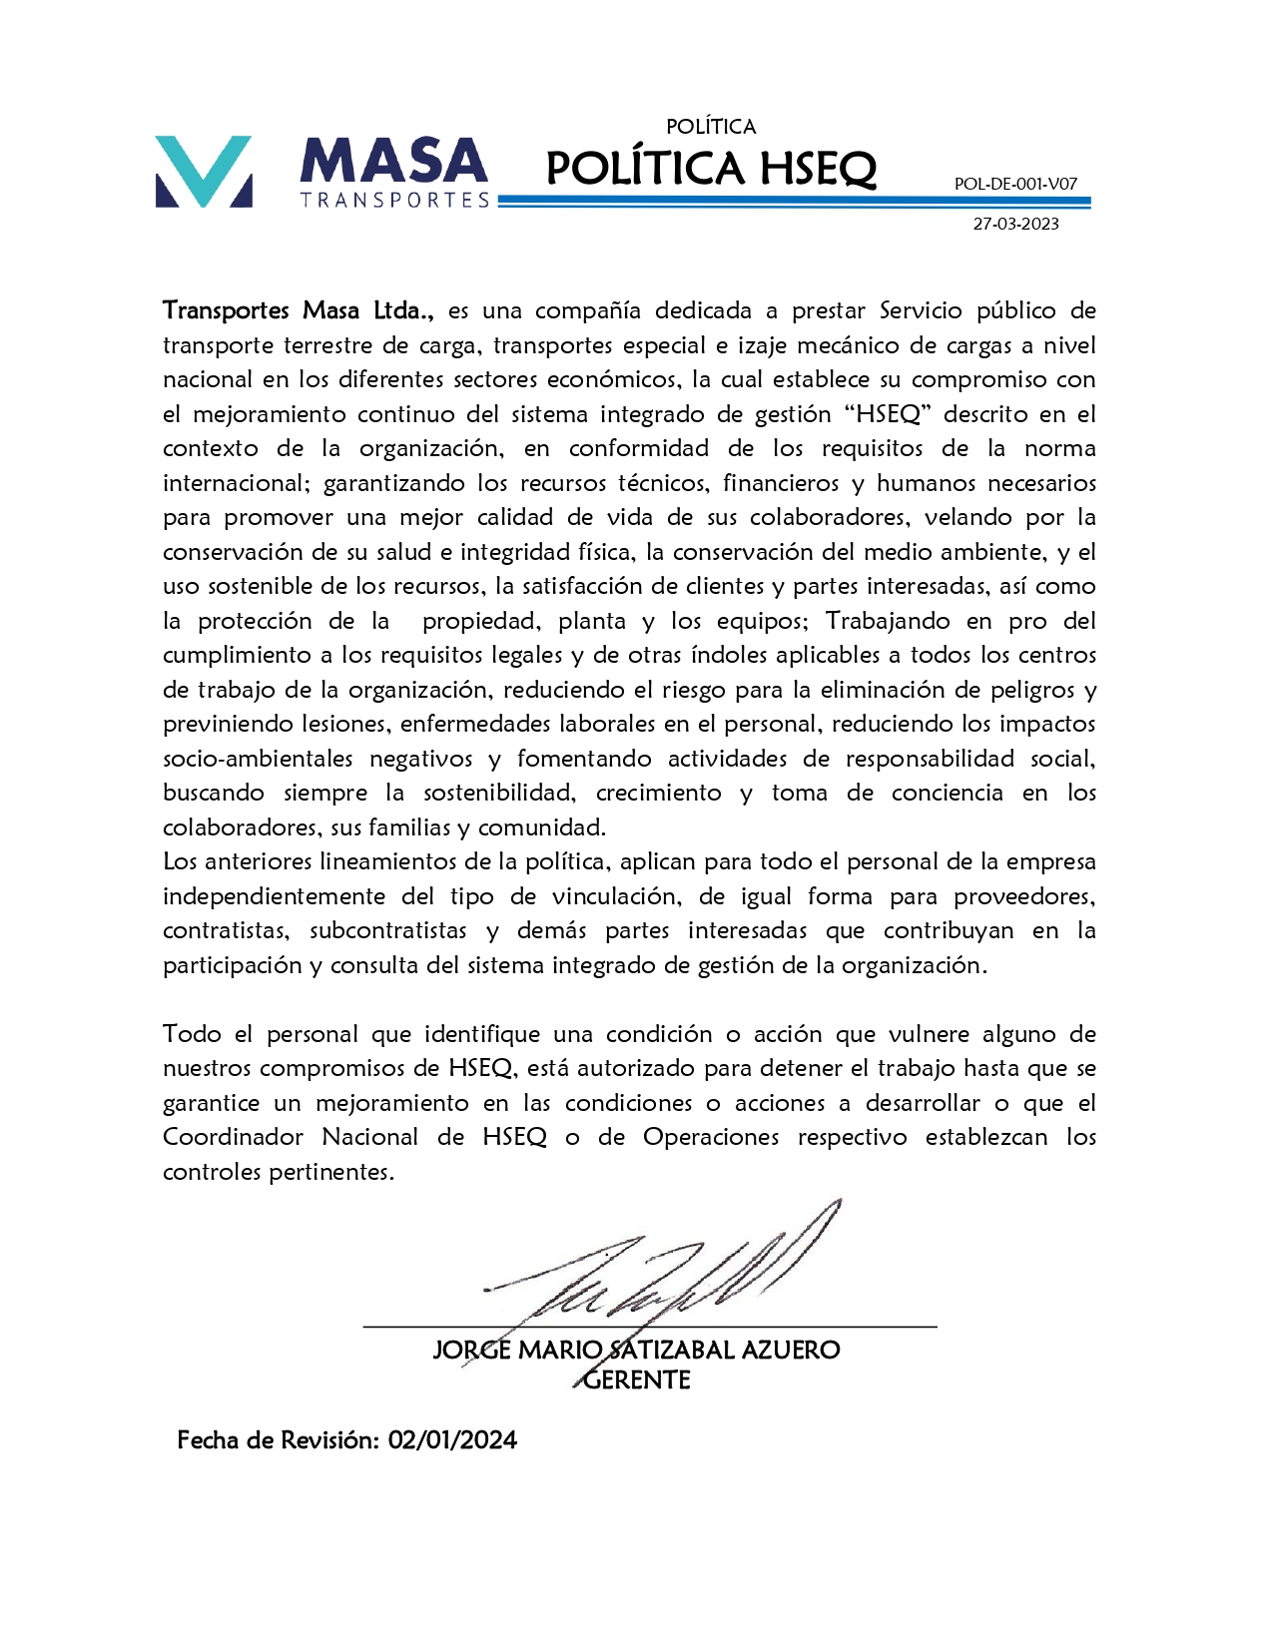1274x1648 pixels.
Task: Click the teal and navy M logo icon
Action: coord(204,172)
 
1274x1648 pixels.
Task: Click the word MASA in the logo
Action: coord(393,162)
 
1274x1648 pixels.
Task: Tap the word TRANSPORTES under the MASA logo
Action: coord(395,201)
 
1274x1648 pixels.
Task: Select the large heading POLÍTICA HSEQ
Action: coord(711,168)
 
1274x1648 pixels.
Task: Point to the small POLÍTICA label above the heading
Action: coord(711,127)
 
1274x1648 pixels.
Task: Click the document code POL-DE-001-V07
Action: coord(1015,184)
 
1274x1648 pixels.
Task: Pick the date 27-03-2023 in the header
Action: coord(1015,224)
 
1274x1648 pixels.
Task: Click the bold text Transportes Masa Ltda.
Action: coord(298,310)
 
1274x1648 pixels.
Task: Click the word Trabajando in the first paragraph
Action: coord(888,621)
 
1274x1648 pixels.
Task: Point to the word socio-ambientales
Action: coord(258,759)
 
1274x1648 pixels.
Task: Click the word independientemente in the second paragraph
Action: coord(274,896)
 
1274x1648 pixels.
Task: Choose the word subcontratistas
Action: coord(387,930)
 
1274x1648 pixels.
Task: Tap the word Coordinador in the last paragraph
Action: coord(233,1137)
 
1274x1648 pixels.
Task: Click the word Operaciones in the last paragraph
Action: coord(711,1137)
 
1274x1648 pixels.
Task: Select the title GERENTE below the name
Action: coord(637,1380)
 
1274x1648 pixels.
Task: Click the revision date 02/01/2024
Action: coord(452,1440)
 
